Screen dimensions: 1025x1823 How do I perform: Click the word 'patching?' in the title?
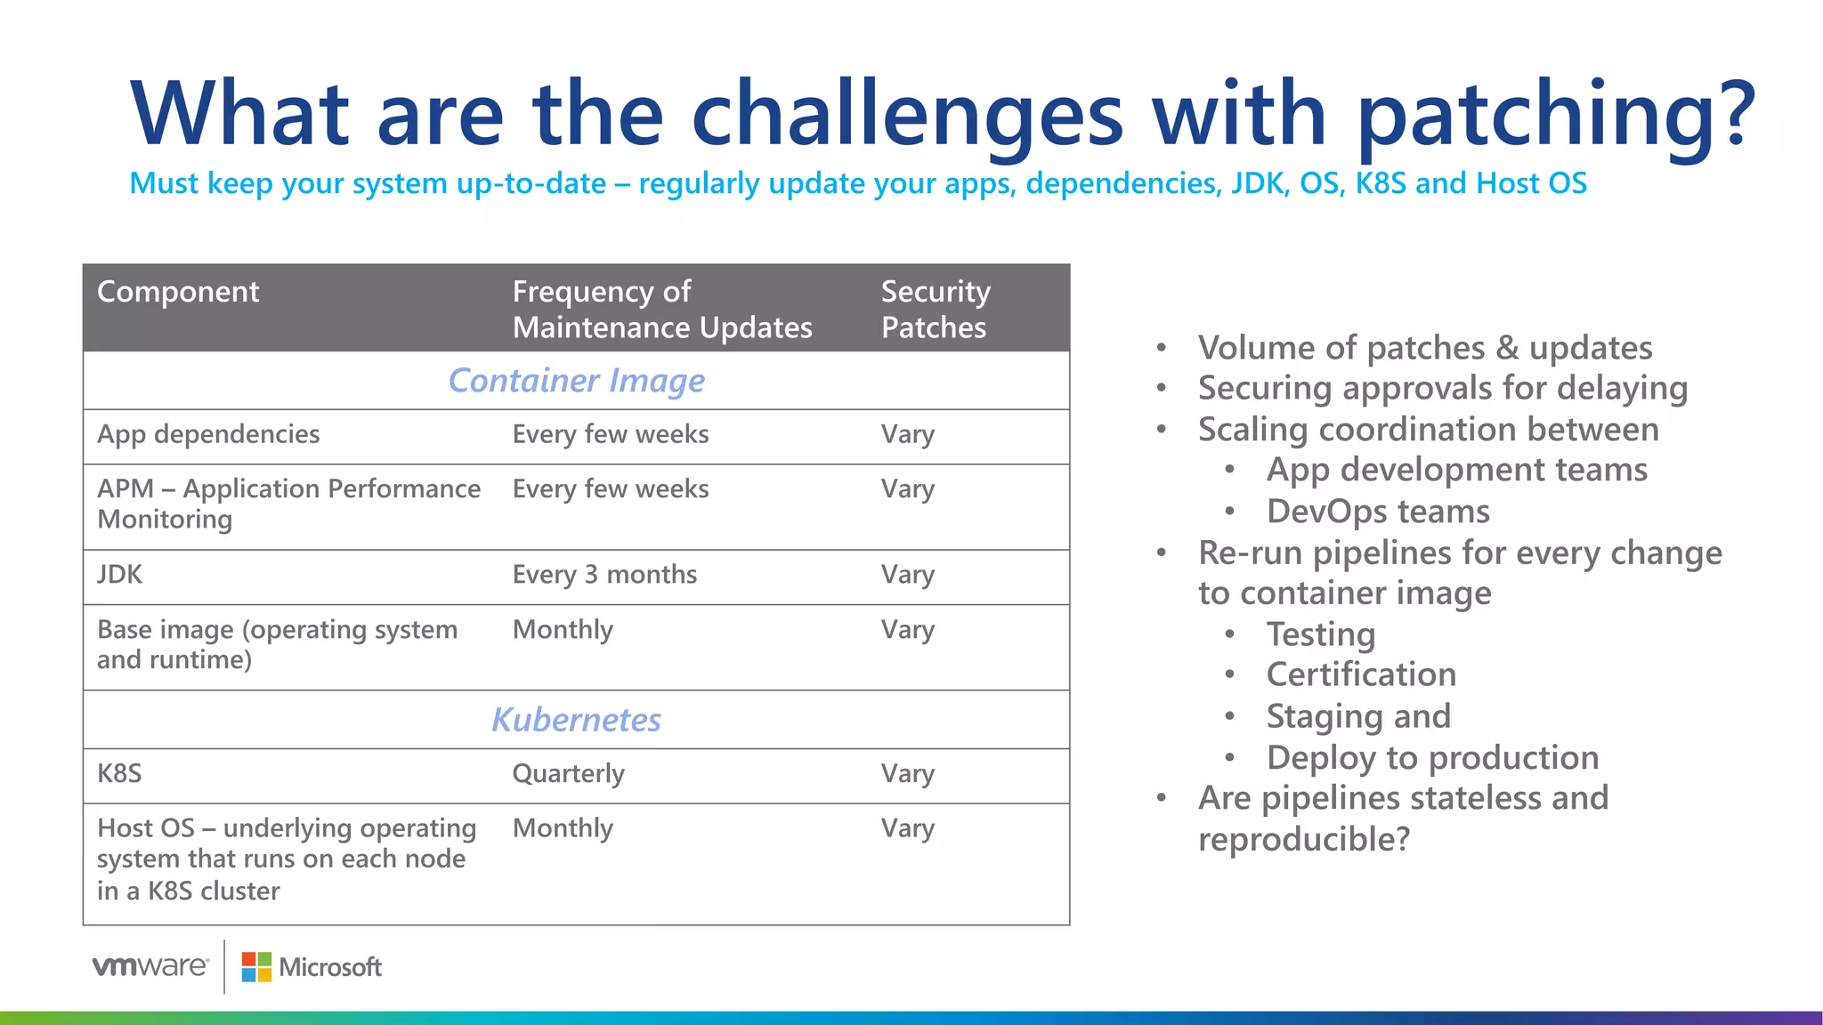tap(1556, 116)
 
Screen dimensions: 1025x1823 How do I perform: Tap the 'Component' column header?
tap(178, 292)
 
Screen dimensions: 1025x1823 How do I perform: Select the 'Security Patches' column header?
tap(935, 309)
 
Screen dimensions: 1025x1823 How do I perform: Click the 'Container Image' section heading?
tap(576, 381)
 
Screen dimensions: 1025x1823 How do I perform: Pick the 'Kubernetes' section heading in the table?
tap(576, 720)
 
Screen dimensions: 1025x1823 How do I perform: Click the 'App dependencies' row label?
tap(208, 434)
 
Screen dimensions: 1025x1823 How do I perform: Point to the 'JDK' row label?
tap(119, 575)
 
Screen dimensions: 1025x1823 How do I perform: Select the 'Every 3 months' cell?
tap(604, 575)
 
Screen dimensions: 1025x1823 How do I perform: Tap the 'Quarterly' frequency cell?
tap(568, 774)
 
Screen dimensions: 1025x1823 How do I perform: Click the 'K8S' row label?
tap(119, 774)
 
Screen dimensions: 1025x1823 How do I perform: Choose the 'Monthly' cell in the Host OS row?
tap(563, 828)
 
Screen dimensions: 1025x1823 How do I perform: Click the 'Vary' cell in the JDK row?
tap(908, 575)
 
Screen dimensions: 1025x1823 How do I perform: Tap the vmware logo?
tap(150, 966)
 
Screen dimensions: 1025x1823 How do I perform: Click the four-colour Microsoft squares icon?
tap(256, 967)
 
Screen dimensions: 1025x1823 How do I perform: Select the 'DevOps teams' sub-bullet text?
tap(1378, 512)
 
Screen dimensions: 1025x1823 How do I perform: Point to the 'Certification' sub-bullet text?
tap(1361, 674)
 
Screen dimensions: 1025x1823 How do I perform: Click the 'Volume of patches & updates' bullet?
tap(1424, 348)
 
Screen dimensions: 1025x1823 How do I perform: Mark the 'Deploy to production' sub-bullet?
tap(1432, 758)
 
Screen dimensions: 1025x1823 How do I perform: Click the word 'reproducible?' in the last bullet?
tap(1304, 839)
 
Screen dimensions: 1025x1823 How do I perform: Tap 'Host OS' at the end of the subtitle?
tap(1531, 183)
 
